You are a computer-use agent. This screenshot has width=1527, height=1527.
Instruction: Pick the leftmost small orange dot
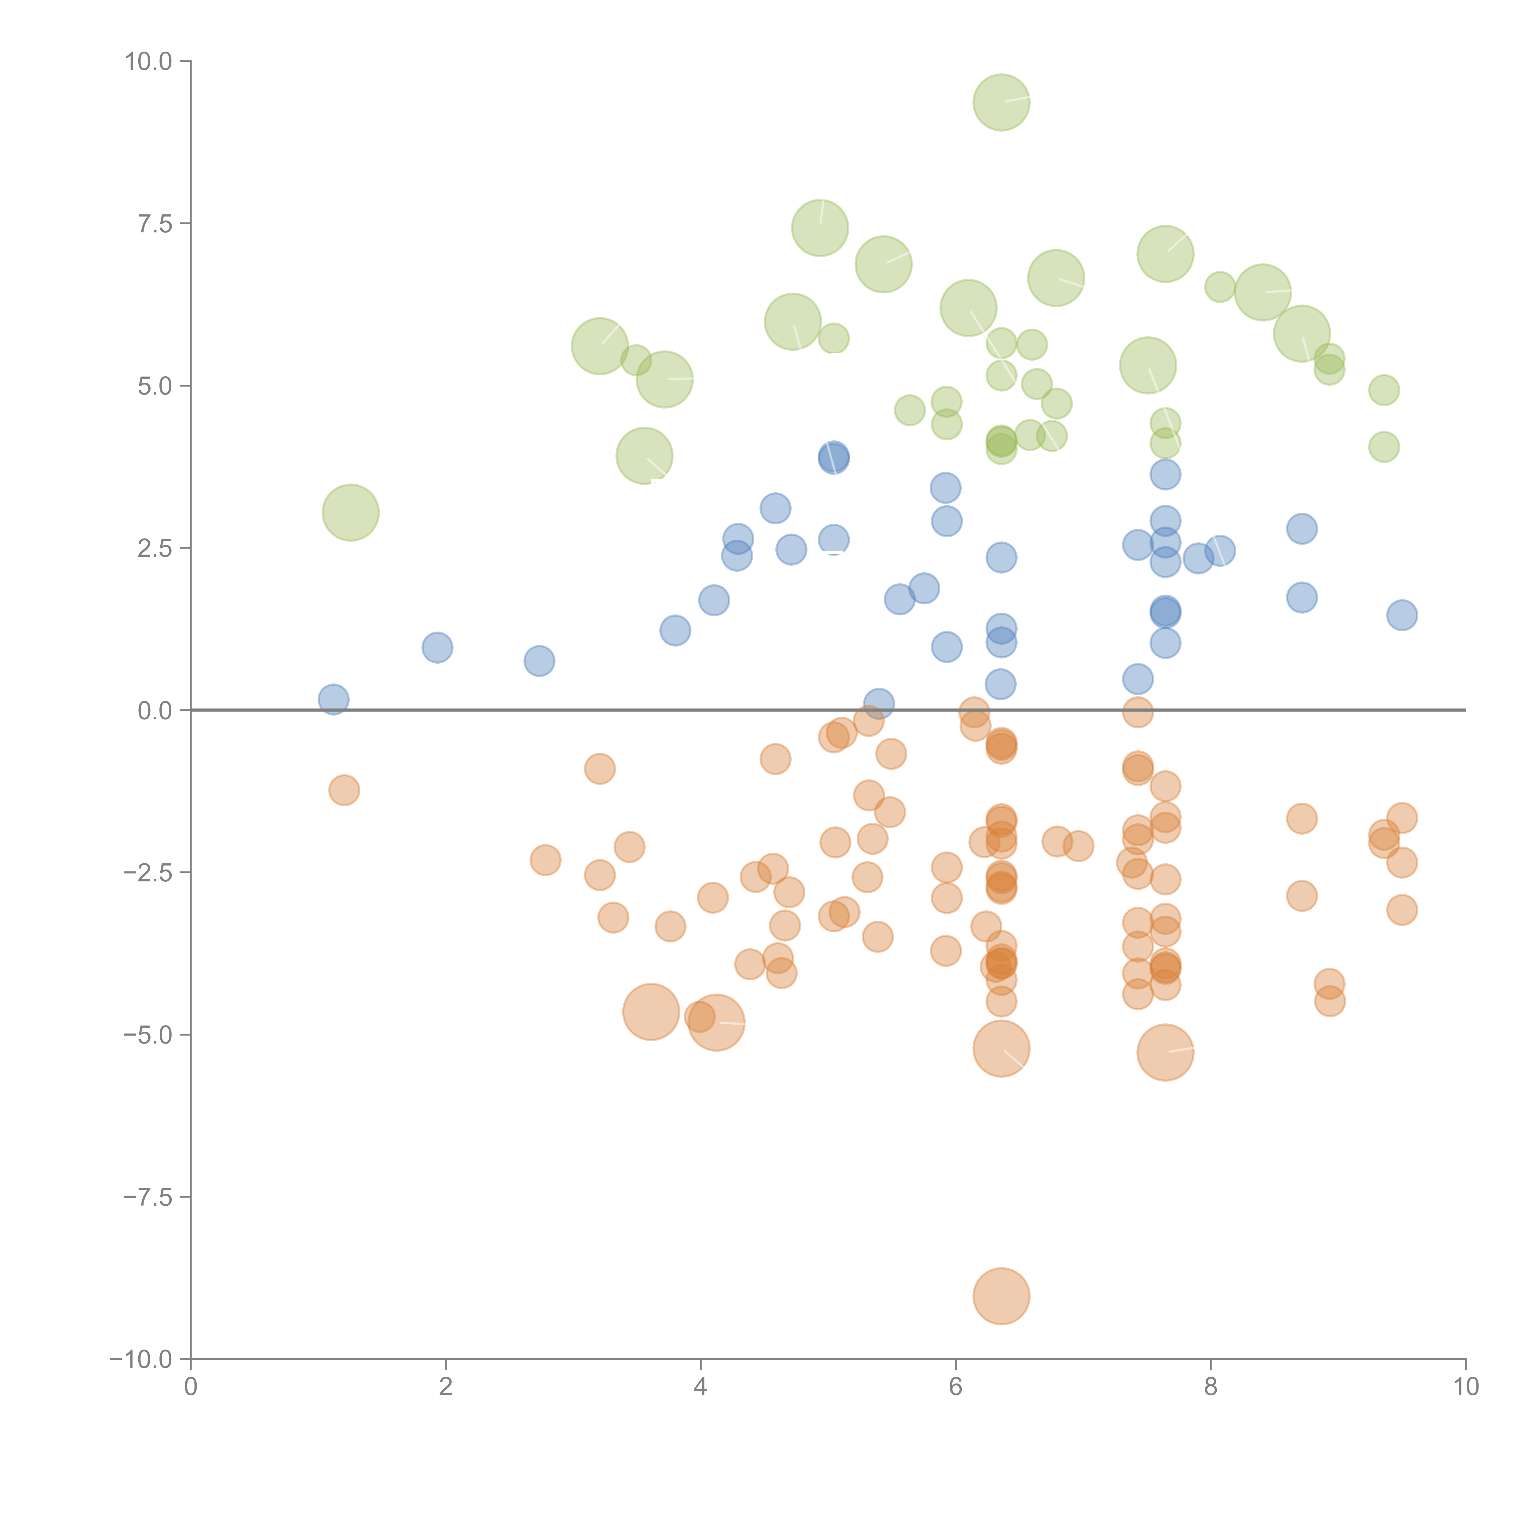pyautogui.click(x=344, y=789)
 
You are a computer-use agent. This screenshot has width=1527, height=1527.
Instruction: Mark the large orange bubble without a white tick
pyautogui.click(x=651, y=1012)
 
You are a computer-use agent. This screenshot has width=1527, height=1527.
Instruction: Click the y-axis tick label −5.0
pyautogui.click(x=149, y=1035)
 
